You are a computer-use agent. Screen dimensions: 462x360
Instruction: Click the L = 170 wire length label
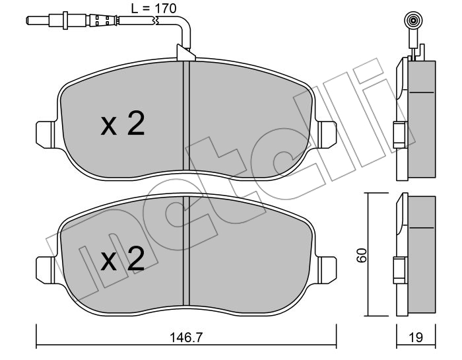click(x=154, y=8)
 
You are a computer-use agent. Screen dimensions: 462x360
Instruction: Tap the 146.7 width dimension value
click(x=186, y=338)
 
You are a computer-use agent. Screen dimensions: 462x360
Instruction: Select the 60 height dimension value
click(x=361, y=255)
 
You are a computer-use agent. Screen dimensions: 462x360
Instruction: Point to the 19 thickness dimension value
click(x=416, y=338)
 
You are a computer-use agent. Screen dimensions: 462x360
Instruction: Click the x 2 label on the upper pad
click(x=123, y=124)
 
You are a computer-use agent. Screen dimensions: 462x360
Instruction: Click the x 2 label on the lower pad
click(x=123, y=259)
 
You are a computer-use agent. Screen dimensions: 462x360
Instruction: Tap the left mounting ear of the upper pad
click(x=46, y=135)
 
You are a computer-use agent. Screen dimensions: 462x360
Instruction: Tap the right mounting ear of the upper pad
click(x=327, y=135)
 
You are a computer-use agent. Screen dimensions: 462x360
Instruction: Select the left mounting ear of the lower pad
click(x=46, y=270)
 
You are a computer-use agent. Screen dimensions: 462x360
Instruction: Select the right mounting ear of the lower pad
click(x=327, y=270)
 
